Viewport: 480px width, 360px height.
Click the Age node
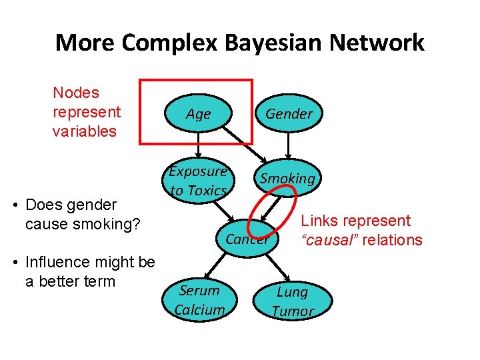(x=198, y=114)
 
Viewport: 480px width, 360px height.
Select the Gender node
(x=289, y=114)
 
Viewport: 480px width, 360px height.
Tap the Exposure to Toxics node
(x=198, y=181)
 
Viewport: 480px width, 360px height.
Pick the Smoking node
(x=287, y=179)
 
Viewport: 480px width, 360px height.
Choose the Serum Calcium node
(x=199, y=300)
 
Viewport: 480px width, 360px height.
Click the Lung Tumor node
(x=293, y=301)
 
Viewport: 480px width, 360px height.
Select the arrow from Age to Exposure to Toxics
(x=198, y=146)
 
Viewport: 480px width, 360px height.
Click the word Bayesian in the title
(x=257, y=43)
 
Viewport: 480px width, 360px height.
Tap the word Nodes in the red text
(x=75, y=93)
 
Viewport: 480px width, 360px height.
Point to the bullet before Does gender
(x=15, y=205)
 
